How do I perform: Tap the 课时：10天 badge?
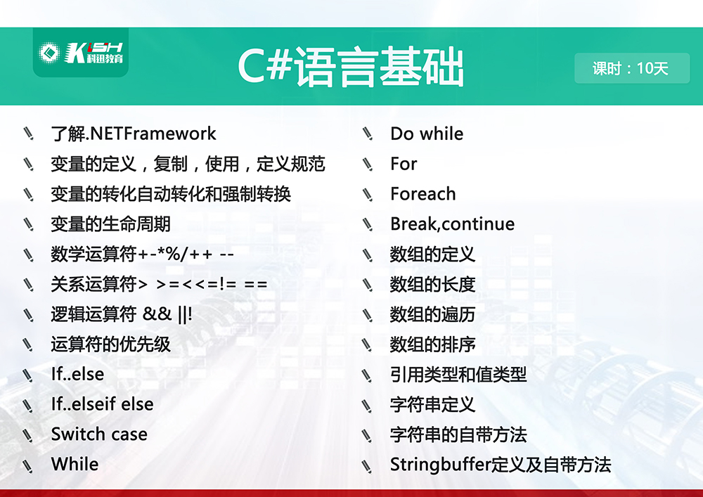click(632, 68)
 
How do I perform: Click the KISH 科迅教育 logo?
click(81, 53)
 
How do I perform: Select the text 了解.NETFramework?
click(134, 134)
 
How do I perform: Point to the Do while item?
click(427, 134)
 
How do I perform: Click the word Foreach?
click(423, 194)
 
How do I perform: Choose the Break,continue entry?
click(452, 224)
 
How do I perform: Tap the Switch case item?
click(99, 434)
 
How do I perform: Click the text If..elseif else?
click(102, 404)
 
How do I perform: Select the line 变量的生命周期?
click(111, 224)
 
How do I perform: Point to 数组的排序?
click(432, 344)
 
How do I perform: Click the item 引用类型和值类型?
click(458, 375)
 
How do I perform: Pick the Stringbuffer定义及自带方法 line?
click(501, 465)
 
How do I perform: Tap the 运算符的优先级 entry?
click(111, 344)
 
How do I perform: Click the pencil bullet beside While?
click(28, 465)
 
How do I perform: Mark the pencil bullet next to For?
click(368, 164)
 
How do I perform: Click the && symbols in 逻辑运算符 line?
click(157, 314)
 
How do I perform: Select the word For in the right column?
click(404, 164)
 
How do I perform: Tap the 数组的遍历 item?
click(432, 315)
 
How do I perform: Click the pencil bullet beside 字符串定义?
click(368, 406)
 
